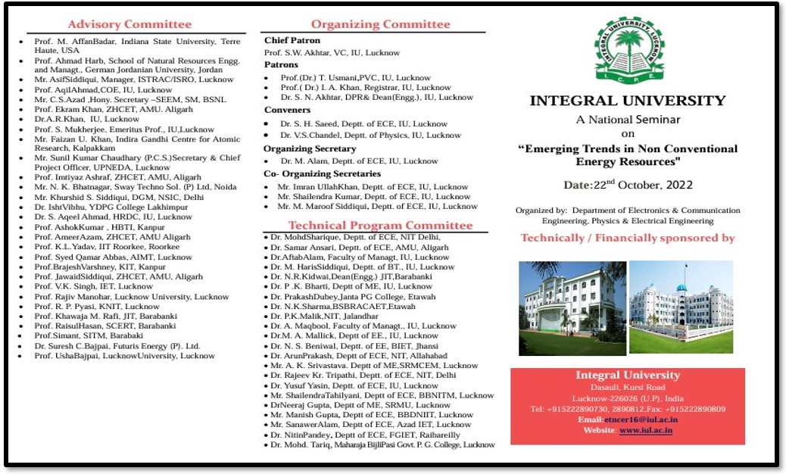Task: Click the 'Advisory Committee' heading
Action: [x=129, y=25]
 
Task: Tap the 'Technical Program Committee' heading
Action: [x=380, y=225]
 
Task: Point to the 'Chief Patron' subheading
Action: [x=292, y=41]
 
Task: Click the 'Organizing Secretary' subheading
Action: [x=310, y=149]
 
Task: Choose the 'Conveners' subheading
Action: [x=287, y=111]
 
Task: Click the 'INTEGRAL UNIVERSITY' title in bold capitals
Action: [x=627, y=101]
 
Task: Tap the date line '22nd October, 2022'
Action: [x=628, y=186]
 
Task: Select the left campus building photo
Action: [x=572, y=308]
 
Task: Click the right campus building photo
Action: [x=681, y=307]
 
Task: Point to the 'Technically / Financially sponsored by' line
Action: [x=628, y=238]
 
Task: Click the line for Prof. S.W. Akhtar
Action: [x=332, y=53]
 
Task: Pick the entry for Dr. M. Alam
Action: [x=359, y=161]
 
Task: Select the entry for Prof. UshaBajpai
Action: [x=124, y=356]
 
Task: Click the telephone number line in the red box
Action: [x=628, y=409]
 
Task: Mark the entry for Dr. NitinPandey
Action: [x=365, y=435]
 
